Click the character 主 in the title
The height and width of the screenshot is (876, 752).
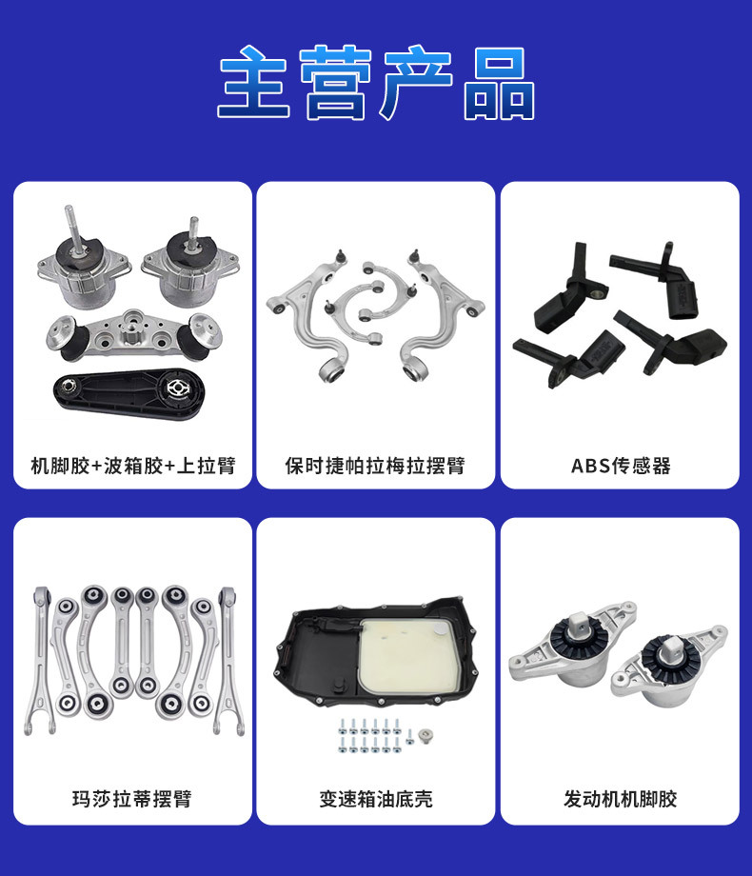click(253, 82)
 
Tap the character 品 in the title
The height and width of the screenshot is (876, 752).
click(499, 83)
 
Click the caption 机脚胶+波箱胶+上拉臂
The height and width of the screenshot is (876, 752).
click(133, 466)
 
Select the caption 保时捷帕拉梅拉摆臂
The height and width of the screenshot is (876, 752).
click(375, 466)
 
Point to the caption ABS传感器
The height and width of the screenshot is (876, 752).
click(621, 466)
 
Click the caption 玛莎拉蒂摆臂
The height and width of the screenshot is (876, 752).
click(132, 798)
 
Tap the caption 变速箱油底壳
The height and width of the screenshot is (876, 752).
click(376, 798)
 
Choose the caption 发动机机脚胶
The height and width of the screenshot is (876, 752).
click(620, 798)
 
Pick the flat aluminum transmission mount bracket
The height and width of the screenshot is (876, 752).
click(134, 336)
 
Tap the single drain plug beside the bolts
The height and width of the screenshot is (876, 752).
click(425, 735)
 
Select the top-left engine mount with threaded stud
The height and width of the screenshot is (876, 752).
click(83, 263)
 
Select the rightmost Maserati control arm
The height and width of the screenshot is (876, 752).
click(228, 659)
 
